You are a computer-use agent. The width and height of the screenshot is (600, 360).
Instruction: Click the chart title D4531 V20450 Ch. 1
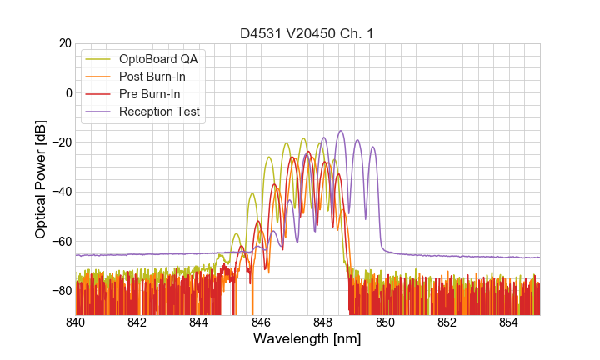point(307,33)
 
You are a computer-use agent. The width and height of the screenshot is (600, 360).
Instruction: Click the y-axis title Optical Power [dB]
point(41,179)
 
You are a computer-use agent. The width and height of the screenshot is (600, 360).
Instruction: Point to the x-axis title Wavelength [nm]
point(307,339)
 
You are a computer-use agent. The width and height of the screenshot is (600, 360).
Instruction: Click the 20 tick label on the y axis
point(62,43)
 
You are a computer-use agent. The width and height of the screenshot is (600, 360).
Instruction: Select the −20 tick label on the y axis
point(59,142)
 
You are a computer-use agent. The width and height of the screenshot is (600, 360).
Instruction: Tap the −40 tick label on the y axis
point(59,191)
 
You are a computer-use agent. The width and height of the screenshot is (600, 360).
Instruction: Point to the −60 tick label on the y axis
point(59,241)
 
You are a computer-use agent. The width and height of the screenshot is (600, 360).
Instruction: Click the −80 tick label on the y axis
point(59,290)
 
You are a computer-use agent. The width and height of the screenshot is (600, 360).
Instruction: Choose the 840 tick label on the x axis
point(76,322)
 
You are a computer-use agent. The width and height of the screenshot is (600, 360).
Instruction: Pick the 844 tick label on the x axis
point(199,322)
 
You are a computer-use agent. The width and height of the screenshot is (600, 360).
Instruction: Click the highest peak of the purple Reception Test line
point(341,131)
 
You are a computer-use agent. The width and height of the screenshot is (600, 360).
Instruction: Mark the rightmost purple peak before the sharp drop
point(372,147)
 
